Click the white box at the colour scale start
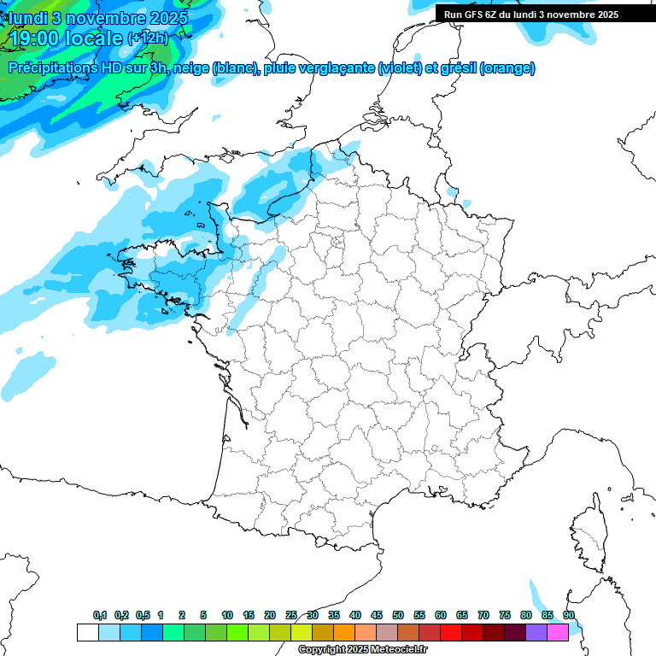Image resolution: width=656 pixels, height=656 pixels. tap(87, 632)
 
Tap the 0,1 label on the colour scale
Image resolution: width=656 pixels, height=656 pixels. tap(100, 616)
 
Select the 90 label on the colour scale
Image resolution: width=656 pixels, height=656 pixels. tap(568, 616)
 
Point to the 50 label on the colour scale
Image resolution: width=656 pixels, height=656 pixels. tap(398, 616)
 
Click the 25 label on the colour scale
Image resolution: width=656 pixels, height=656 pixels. tap(291, 616)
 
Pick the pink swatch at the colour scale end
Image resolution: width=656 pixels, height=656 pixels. tap(558, 632)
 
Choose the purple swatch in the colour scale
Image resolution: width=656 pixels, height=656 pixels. tap(536, 632)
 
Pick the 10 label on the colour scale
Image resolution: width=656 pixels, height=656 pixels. tap(227, 616)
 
